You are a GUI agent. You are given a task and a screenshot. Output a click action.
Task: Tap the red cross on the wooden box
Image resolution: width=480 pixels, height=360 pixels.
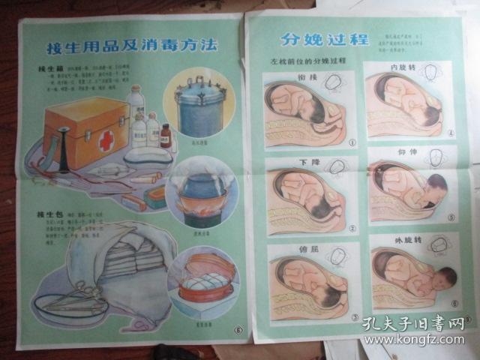tap(107, 139)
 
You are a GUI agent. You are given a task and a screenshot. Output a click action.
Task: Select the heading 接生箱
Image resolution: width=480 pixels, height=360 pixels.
tap(48, 69)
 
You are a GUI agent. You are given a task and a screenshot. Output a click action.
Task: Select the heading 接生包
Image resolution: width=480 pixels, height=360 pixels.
tap(48, 215)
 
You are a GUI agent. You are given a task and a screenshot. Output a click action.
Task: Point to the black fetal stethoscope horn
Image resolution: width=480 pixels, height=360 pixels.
tap(65, 149)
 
